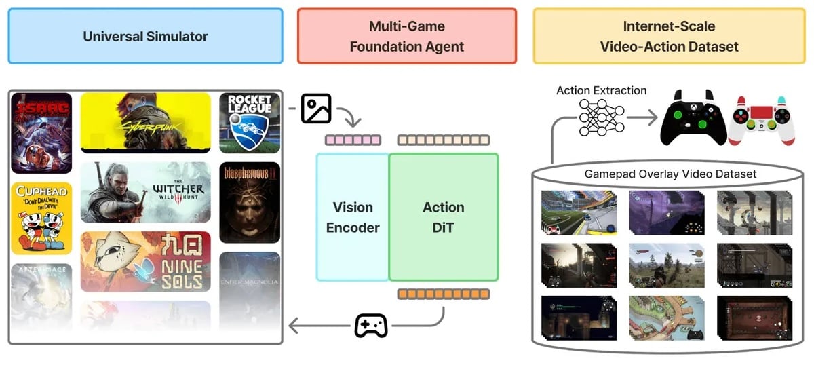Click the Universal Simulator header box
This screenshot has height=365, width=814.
point(145,37)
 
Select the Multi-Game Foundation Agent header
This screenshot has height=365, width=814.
point(407,37)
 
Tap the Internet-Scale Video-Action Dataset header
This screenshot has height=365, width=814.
point(669,37)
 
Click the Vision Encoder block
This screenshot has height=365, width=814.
point(352,217)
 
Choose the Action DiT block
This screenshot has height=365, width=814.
point(444,217)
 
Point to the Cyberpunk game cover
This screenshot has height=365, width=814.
point(145,122)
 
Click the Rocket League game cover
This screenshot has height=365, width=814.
point(250,122)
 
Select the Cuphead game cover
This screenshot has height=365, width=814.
point(41,218)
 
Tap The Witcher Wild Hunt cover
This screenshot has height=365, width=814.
point(145,192)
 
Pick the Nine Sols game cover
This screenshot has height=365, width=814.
point(145,261)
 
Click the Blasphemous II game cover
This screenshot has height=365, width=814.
point(250,202)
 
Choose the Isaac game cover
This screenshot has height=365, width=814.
point(41,133)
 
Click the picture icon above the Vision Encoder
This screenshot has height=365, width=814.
point(316,109)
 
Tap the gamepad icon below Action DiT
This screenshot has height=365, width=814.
point(371,326)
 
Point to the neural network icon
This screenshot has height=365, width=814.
point(601,118)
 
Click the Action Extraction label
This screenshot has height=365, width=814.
point(601,90)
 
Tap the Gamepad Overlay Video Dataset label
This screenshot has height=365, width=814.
point(670,174)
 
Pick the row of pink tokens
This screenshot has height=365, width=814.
point(353,140)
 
